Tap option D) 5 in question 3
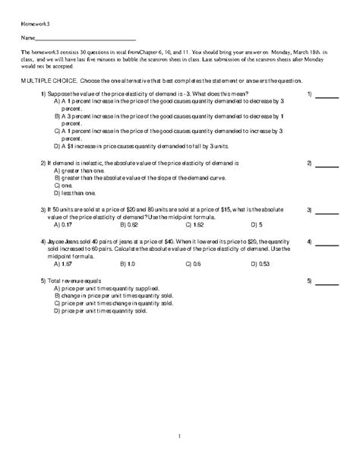256,225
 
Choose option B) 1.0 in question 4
128,264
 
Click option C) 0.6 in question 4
193,264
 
